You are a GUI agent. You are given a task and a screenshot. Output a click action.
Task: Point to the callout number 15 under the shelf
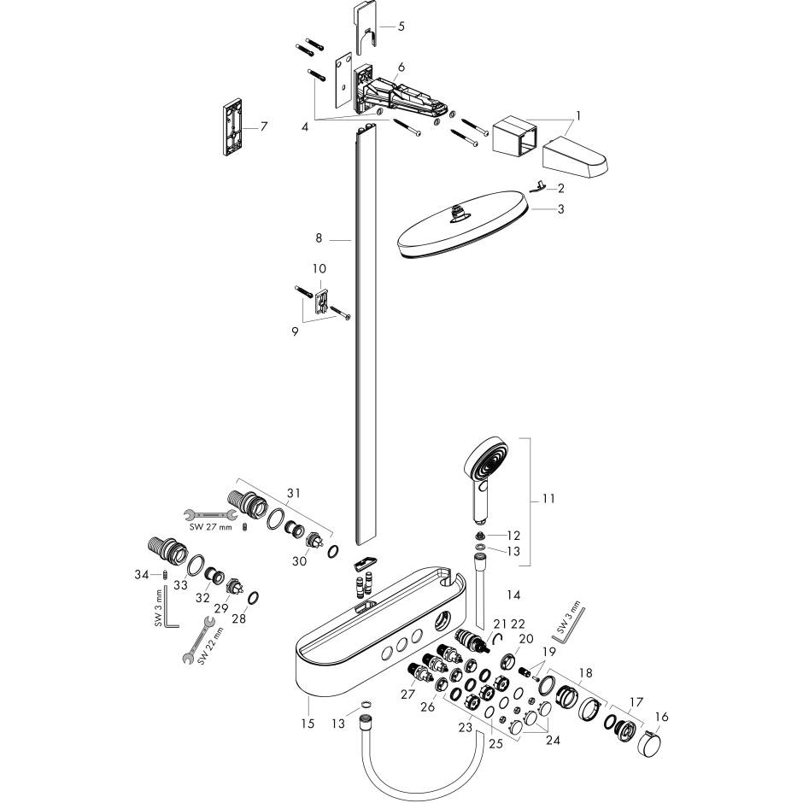point(308,724)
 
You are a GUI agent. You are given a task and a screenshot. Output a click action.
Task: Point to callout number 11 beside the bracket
point(548,498)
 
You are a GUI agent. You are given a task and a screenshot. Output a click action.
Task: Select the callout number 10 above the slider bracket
point(319,269)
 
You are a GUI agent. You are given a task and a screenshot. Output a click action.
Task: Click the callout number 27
point(408,695)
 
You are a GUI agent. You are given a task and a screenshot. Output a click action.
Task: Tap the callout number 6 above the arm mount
point(401,67)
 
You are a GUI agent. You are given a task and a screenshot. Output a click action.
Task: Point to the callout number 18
point(587,674)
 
